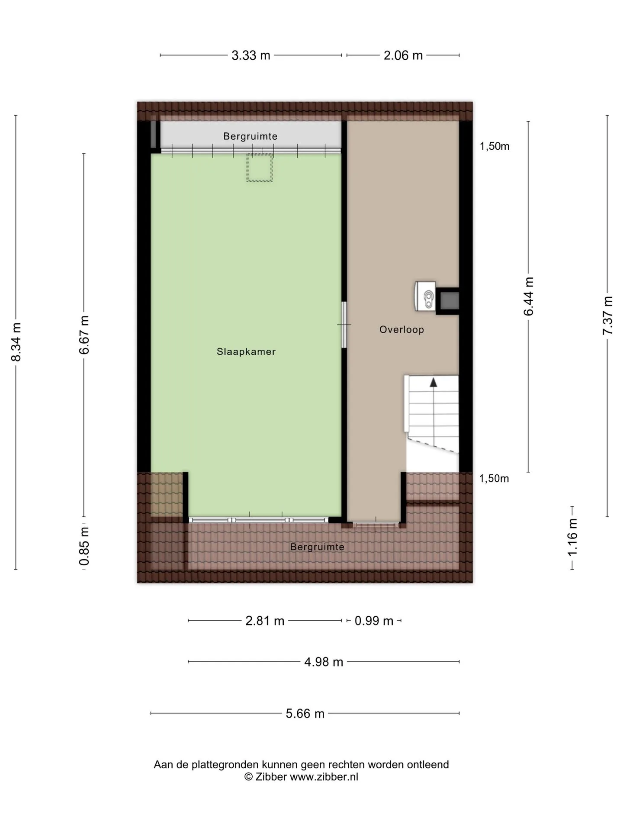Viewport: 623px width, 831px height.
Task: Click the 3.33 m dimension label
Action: click(x=250, y=55)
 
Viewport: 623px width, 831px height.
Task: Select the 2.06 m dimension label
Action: click(x=403, y=55)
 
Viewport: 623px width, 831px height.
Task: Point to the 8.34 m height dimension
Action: click(x=16, y=342)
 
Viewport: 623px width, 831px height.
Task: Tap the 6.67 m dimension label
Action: click(x=84, y=335)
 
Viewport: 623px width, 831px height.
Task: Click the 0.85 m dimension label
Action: click(x=84, y=546)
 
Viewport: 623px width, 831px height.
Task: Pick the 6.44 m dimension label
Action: click(x=529, y=296)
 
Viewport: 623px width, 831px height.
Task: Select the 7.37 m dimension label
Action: click(x=607, y=315)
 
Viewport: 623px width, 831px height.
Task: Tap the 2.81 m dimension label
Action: click(x=265, y=621)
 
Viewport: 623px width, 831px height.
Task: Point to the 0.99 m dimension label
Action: click(x=374, y=621)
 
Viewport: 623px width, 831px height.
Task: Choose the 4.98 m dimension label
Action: click(x=324, y=662)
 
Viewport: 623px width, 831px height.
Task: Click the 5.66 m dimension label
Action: click(x=305, y=713)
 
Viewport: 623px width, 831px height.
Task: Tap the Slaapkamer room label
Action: click(x=246, y=352)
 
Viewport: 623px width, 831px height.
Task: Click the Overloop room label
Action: click(x=401, y=330)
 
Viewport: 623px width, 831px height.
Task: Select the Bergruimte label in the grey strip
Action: click(x=250, y=136)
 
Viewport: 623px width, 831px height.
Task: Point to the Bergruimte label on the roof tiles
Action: click(x=317, y=547)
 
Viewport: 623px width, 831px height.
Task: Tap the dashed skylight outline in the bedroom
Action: click(x=260, y=167)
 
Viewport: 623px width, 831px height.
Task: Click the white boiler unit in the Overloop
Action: click(x=425, y=296)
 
